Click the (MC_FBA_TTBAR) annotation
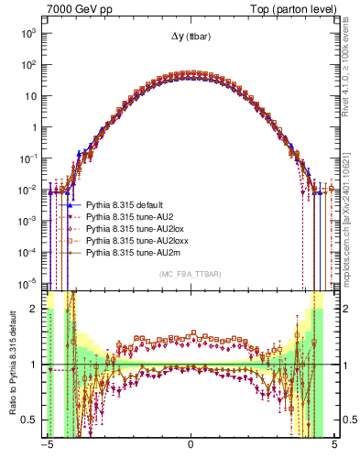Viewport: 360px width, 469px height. pyautogui.click(x=190, y=274)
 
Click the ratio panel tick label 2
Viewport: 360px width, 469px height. pyautogui.click(x=37, y=309)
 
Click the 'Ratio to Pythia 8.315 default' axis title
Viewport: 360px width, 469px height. pyautogui.click(x=12, y=365)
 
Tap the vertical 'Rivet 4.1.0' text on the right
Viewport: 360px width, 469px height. pyautogui.click(x=349, y=73)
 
